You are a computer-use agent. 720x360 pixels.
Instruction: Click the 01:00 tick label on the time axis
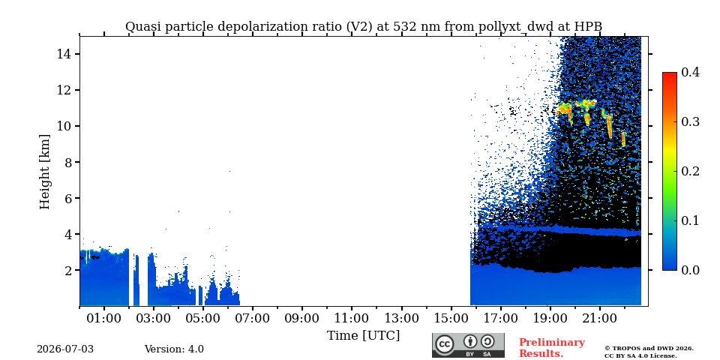click(x=104, y=318)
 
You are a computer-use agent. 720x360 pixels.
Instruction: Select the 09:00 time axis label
click(x=302, y=318)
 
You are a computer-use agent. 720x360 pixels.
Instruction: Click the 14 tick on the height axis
click(x=62, y=54)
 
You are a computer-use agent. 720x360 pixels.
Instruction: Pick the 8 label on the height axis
click(x=66, y=162)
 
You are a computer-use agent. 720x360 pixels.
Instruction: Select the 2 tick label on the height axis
click(x=66, y=271)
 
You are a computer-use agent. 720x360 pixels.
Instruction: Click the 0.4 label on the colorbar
click(x=691, y=72)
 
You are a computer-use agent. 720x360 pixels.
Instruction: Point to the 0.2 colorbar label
click(x=691, y=171)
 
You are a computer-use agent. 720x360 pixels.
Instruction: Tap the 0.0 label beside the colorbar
click(x=691, y=270)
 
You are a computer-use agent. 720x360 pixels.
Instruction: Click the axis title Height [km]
click(x=44, y=172)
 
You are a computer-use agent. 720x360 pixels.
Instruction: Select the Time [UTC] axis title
click(x=363, y=336)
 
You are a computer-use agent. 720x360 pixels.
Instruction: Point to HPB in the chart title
click(x=588, y=27)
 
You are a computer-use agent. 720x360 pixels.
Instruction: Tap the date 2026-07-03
click(x=65, y=349)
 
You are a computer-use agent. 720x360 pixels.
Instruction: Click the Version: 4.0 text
click(x=174, y=349)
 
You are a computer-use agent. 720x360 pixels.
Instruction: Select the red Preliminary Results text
click(x=552, y=348)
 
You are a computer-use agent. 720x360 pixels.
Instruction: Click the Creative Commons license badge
click(x=468, y=345)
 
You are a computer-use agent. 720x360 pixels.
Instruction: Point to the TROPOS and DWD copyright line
click(x=649, y=349)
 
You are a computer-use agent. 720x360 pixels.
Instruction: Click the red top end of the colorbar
click(x=670, y=74)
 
